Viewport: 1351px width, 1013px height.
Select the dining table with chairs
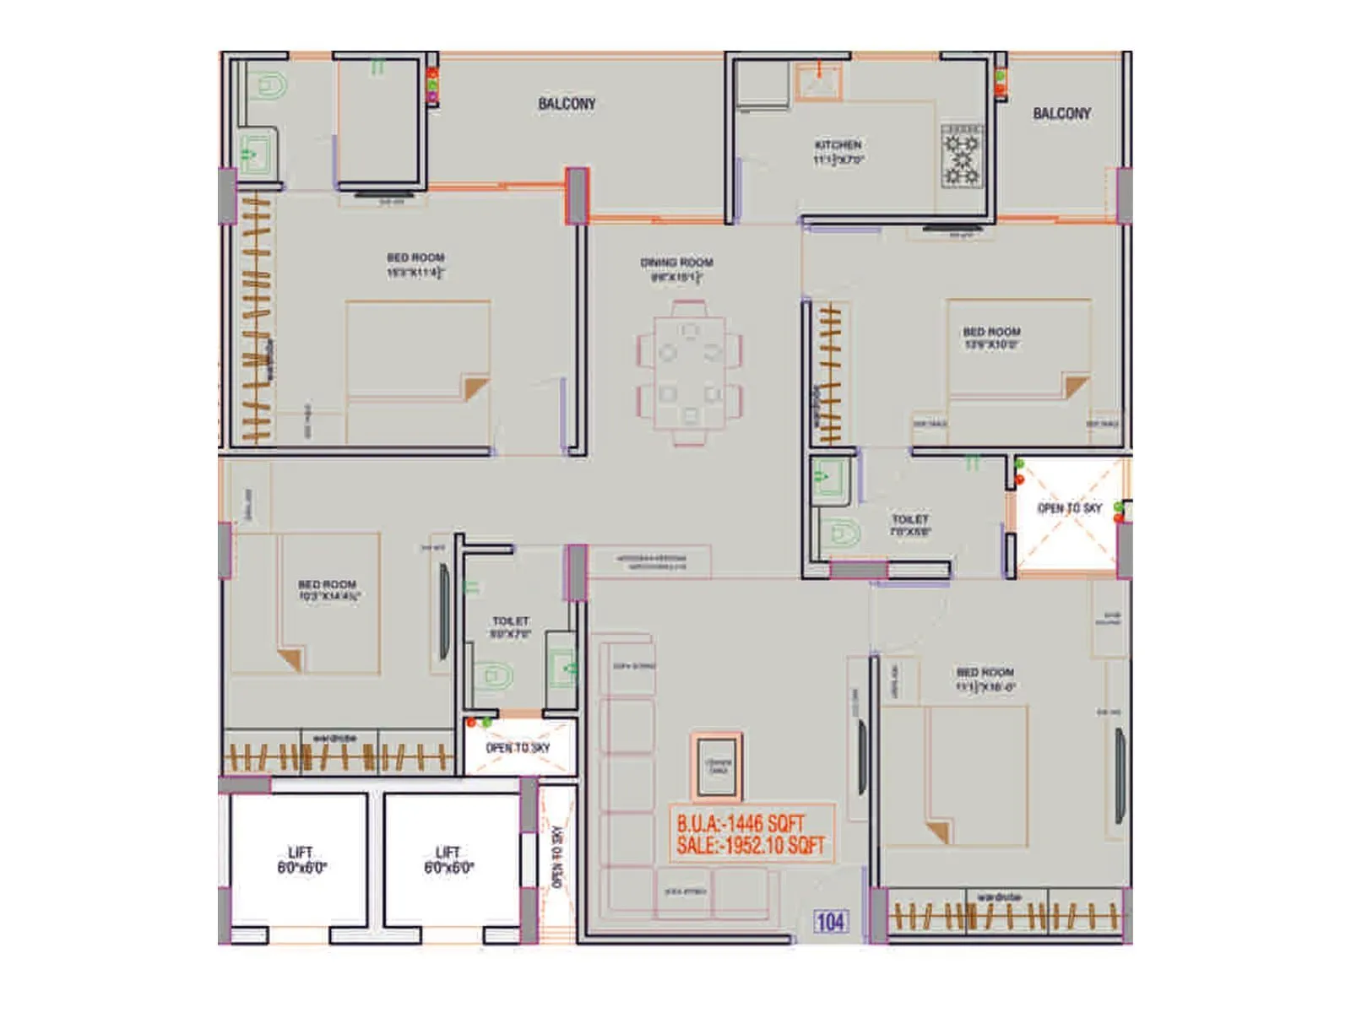690,371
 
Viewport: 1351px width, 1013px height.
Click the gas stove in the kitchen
962,156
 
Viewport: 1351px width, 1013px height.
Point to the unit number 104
830,922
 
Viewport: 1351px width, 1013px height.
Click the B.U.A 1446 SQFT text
741,823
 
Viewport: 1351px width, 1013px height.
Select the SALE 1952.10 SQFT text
750,846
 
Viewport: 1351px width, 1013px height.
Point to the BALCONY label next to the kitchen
1061,113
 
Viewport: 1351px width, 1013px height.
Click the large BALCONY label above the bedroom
567,104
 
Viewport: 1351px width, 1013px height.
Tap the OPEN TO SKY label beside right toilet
1069,508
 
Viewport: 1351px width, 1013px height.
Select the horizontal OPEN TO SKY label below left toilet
518,748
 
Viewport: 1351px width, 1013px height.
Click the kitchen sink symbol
818,82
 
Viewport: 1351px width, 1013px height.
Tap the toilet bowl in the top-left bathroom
269,85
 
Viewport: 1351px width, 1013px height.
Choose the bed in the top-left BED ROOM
418,371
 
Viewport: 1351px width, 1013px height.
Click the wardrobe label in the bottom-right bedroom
999,897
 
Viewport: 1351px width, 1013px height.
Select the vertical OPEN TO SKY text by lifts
556,858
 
